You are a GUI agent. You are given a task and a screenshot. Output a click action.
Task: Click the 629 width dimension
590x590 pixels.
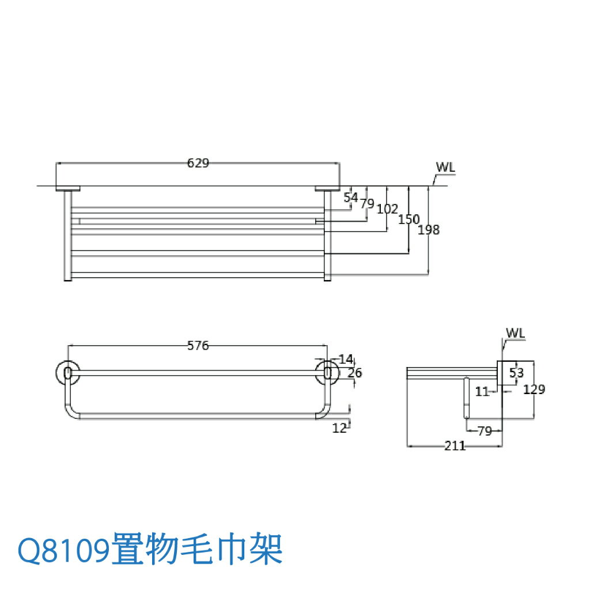click(x=198, y=163)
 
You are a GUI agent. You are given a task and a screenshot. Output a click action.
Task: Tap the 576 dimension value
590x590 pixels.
click(x=198, y=346)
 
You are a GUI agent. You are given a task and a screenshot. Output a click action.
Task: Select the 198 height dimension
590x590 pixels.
click(x=429, y=230)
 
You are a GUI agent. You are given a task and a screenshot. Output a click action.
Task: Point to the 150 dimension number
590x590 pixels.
click(x=409, y=220)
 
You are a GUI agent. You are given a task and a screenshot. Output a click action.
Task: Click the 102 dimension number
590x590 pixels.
click(x=387, y=209)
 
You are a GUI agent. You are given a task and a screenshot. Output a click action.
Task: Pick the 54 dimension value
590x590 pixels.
click(x=350, y=198)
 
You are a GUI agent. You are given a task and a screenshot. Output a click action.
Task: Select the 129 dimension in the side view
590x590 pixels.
click(x=534, y=389)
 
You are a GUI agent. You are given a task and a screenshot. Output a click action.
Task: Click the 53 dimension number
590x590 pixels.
click(x=516, y=373)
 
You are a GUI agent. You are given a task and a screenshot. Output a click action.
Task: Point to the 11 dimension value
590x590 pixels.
click(x=482, y=392)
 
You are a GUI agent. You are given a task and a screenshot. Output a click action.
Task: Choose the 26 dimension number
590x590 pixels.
click(x=355, y=373)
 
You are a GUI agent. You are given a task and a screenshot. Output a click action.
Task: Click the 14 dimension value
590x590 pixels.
click(x=346, y=360)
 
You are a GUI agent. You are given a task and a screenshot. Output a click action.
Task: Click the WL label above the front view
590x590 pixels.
click(x=445, y=167)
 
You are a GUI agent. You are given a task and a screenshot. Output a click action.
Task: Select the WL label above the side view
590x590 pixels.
click(x=516, y=334)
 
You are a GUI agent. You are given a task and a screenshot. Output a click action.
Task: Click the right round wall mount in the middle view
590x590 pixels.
click(x=327, y=373)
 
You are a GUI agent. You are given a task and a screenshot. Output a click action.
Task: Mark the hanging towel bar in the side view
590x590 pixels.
click(x=466, y=398)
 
